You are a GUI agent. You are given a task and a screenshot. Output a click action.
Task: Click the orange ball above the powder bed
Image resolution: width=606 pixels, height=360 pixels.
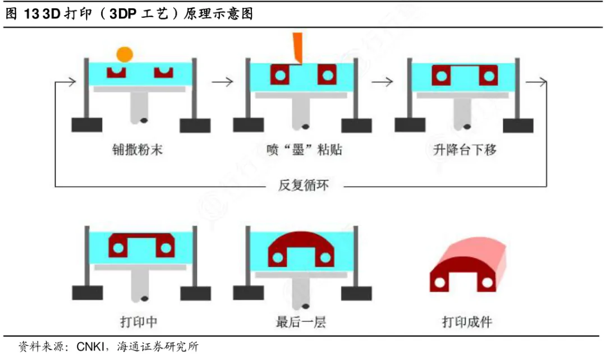coord(124,54)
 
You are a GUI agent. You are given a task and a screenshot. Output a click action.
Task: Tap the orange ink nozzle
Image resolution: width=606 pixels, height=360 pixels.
coord(297,48)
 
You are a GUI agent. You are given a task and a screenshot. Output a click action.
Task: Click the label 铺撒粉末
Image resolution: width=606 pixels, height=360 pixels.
coord(137,150)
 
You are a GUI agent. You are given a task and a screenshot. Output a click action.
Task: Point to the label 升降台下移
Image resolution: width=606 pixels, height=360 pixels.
coord(466,150)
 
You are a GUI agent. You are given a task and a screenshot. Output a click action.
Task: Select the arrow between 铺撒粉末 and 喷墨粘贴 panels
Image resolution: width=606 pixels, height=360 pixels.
coord(222,82)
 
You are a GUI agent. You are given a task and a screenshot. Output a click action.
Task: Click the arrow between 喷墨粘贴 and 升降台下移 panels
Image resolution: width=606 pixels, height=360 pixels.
coord(382,82)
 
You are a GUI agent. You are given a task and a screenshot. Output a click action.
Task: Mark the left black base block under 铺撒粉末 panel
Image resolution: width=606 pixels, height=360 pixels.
coord(87,125)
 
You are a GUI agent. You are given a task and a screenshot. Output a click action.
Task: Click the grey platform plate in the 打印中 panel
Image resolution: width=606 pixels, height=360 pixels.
coord(139,267)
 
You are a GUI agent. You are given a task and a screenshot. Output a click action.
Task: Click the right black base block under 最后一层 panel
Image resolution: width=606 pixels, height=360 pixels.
coord(356,293)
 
